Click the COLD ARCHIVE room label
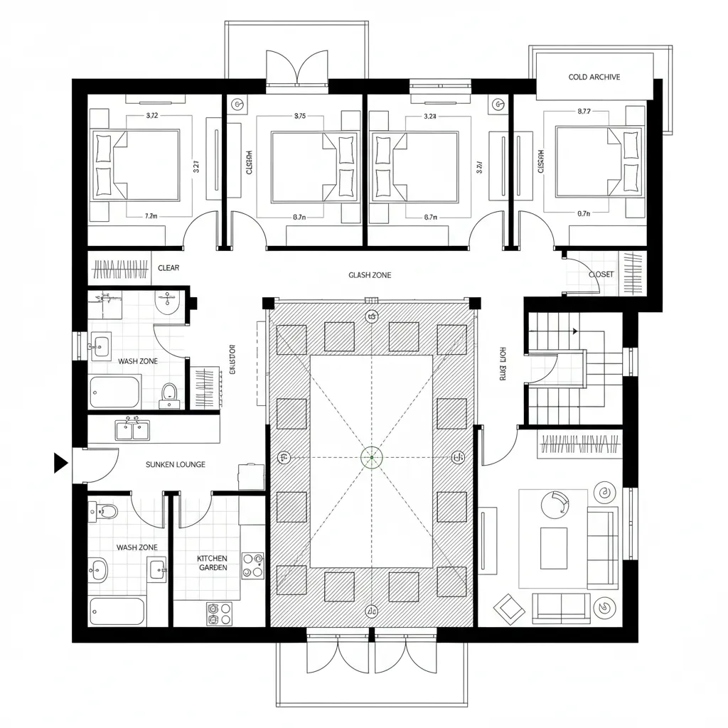point(594,77)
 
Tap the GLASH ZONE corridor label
point(370,275)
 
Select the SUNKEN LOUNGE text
point(175,464)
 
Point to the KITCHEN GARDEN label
point(212,563)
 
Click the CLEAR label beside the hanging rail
point(168,268)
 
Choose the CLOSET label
point(601,274)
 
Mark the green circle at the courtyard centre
point(371,457)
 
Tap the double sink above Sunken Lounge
point(132,429)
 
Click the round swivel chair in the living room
point(555,505)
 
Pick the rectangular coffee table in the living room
point(554,547)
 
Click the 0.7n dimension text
point(584,213)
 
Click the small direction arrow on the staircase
point(574,331)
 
